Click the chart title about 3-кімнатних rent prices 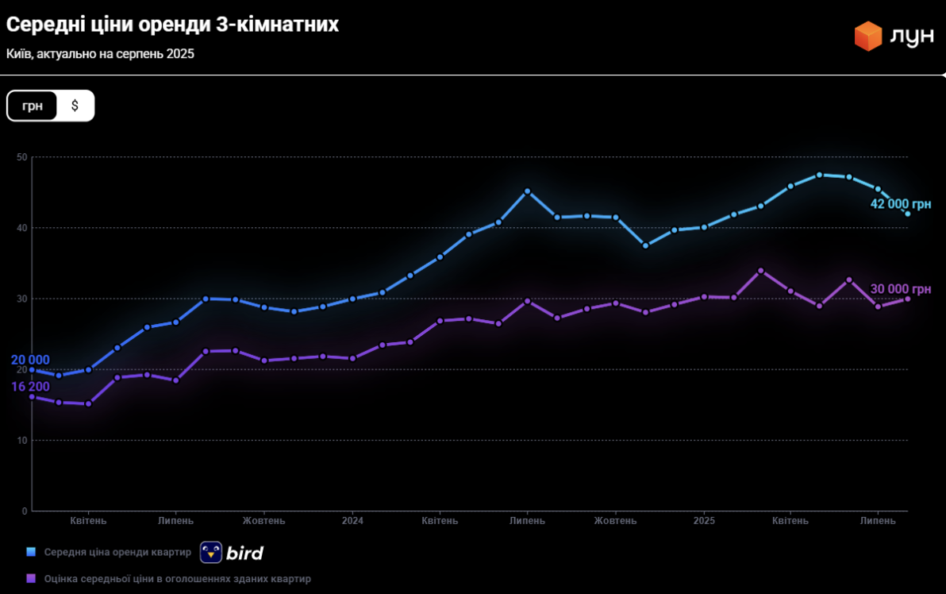173,25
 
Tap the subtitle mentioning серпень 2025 100,54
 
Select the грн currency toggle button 33,106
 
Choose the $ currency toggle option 75,106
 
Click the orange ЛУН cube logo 868,36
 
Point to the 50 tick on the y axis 22,157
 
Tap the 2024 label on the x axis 352,521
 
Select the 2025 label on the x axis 704,521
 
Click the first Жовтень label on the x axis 263,521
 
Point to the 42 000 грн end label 901,204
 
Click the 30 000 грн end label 901,289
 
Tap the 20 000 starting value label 30,361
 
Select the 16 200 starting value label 30,387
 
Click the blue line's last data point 907,213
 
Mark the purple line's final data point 907,299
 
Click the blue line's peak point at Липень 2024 528,191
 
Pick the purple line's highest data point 761,271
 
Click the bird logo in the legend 232,553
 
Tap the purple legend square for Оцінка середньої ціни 32,579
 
